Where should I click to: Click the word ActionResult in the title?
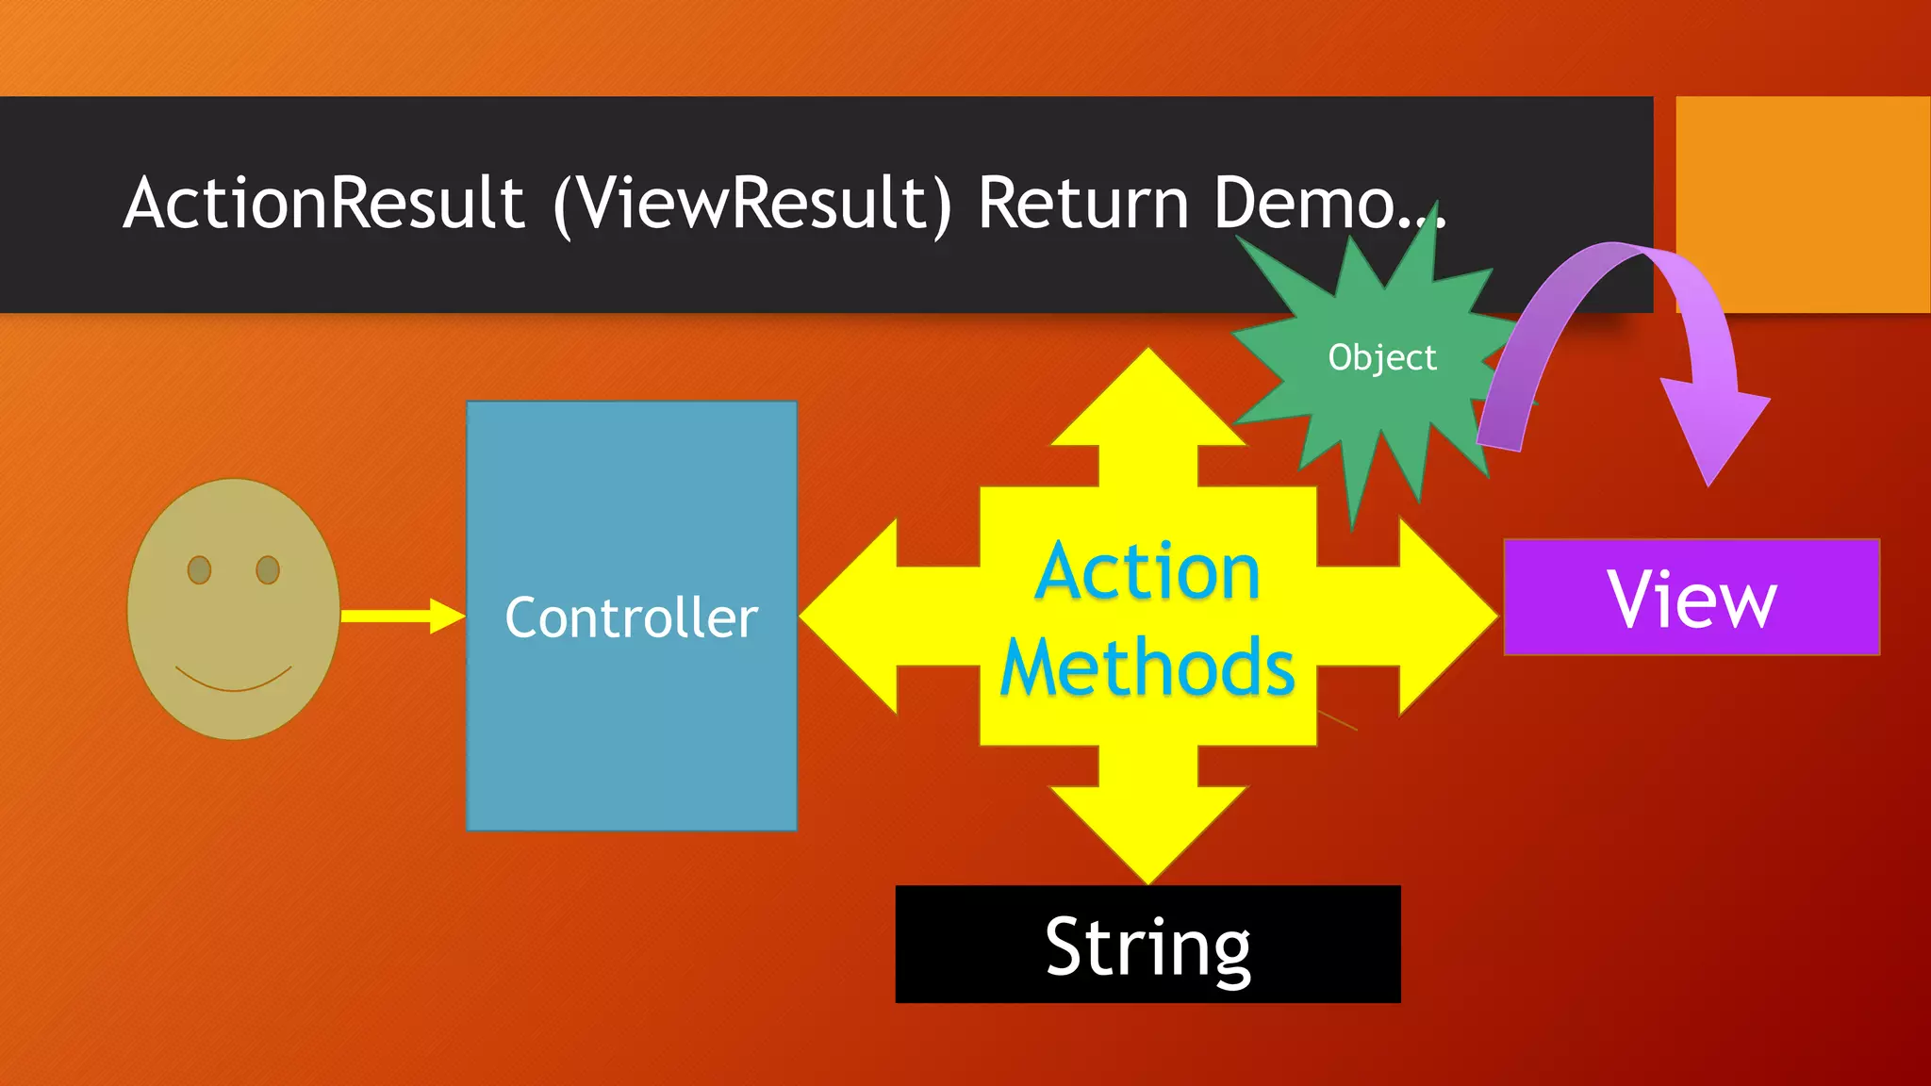pyautogui.click(x=323, y=204)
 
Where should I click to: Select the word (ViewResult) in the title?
pyautogui.click(x=752, y=204)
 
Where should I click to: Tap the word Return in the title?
pyautogui.click(x=1083, y=204)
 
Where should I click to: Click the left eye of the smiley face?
pyautogui.click(x=199, y=570)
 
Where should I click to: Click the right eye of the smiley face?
pyautogui.click(x=268, y=570)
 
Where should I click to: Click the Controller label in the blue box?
pyautogui.click(x=631, y=618)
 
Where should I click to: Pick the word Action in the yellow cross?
pyautogui.click(x=1147, y=571)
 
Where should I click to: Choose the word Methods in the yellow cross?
pyautogui.click(x=1147, y=667)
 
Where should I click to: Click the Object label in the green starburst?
pyautogui.click(x=1382, y=358)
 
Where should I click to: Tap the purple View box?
pyautogui.click(x=1692, y=598)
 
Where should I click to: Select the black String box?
pyautogui.click(x=1147, y=945)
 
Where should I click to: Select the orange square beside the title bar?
pyautogui.click(x=1802, y=204)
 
